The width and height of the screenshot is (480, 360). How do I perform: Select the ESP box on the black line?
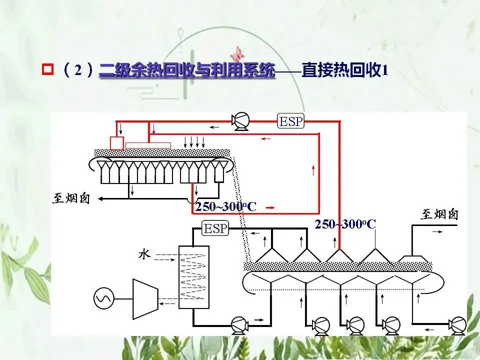(215, 229)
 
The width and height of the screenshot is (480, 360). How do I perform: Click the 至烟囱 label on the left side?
(71, 198)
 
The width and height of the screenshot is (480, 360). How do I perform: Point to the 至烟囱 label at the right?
(439, 215)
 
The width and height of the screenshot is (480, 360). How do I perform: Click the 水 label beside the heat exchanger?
(144, 255)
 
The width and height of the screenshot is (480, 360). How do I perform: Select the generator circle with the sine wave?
(103, 299)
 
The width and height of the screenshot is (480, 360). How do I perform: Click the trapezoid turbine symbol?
(145, 298)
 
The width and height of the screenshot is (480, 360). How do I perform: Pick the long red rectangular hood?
(148, 145)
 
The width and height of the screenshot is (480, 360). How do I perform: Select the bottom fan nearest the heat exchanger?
(239, 325)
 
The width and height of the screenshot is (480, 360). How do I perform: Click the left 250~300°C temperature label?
(225, 206)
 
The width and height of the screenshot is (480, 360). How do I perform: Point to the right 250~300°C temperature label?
(345, 224)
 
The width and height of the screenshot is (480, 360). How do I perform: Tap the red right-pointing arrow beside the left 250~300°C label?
(269, 206)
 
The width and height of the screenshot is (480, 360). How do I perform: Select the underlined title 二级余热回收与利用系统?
(187, 70)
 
